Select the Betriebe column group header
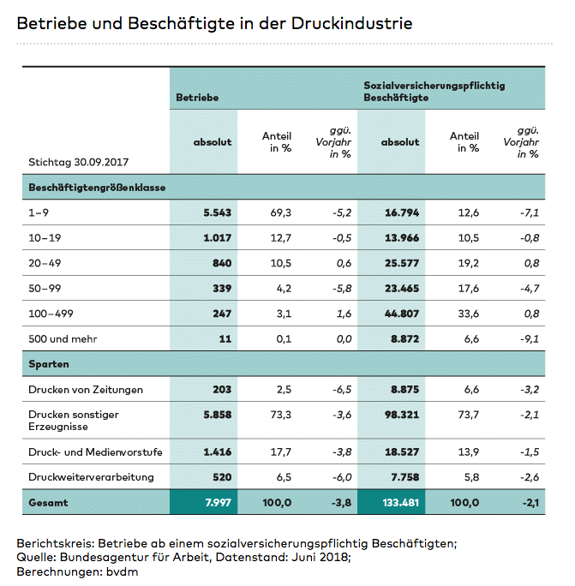tap(197, 98)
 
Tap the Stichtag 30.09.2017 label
tap(84, 160)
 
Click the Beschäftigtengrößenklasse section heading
tap(97, 187)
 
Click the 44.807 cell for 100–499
tap(399, 314)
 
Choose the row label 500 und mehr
tap(63, 338)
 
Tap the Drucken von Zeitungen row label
tap(86, 390)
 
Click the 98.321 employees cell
tap(399, 421)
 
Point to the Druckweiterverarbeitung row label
tap(92, 477)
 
